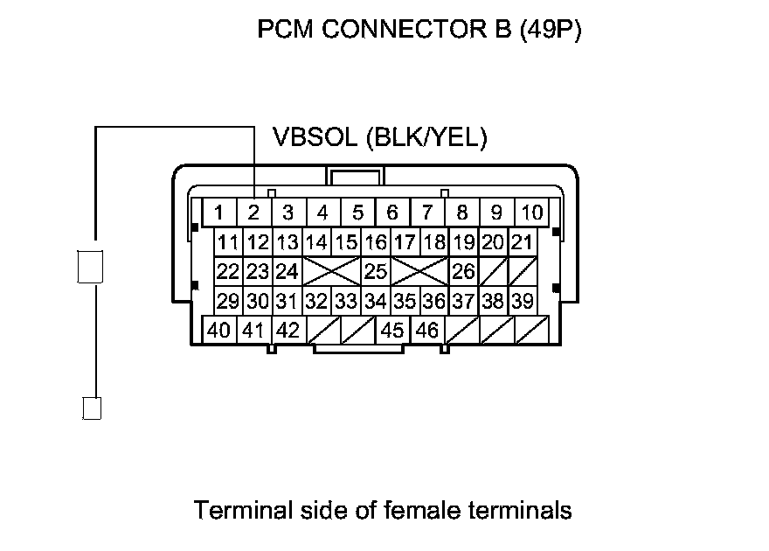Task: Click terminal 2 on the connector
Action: click(x=253, y=213)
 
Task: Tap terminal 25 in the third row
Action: click(x=376, y=272)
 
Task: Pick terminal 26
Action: click(x=464, y=272)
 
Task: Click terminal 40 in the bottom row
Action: click(x=218, y=331)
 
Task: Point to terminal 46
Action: click(x=427, y=331)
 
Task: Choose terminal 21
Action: click(x=522, y=242)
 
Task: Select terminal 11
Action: click(x=229, y=242)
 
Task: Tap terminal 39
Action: click(x=522, y=302)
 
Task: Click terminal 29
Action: click(x=229, y=302)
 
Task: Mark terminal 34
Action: click(x=376, y=302)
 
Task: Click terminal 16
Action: click(x=376, y=242)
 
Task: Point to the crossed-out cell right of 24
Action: click(x=331, y=272)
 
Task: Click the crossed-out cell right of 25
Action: click(x=419, y=272)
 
